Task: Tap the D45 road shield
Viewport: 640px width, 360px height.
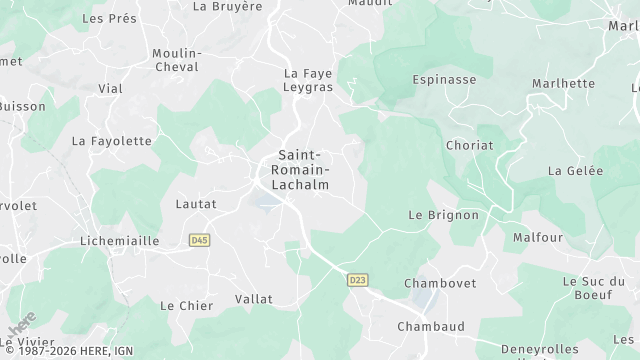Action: click(199, 240)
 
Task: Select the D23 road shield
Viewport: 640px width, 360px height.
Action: click(357, 280)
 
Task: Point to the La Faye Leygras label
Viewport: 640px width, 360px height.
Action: click(309, 81)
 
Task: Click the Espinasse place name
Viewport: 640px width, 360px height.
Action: click(444, 78)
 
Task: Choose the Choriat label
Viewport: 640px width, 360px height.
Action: click(469, 145)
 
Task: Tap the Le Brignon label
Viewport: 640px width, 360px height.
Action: click(444, 215)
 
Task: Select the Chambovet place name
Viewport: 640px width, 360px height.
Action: click(437, 284)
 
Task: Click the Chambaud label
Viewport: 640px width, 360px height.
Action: click(432, 327)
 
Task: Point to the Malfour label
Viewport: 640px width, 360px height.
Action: click(538, 238)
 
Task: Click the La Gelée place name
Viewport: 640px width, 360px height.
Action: click(576, 171)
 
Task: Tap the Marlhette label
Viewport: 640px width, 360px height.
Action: click(563, 84)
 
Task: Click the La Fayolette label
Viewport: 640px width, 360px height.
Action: click(112, 142)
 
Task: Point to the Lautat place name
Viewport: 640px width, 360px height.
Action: click(195, 204)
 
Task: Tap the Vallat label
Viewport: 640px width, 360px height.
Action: click(253, 299)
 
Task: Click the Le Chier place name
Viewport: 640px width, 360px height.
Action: click(187, 306)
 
